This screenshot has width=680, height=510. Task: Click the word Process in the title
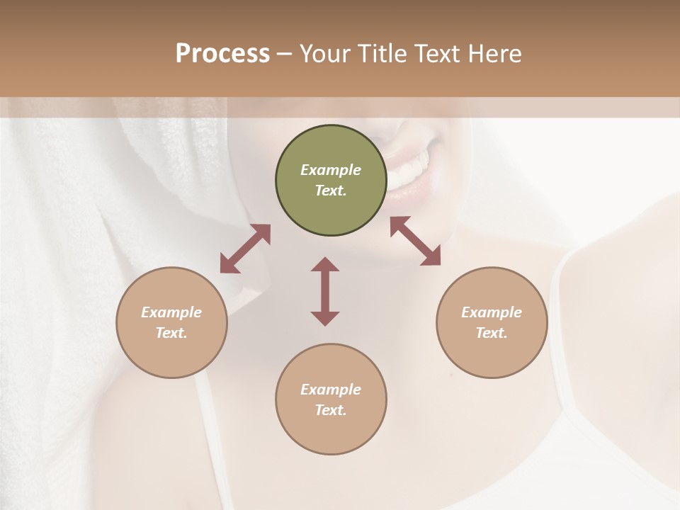point(222,54)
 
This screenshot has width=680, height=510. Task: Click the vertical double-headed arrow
point(325,291)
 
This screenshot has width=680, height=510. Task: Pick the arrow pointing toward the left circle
point(245,249)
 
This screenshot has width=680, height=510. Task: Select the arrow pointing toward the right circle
point(415,242)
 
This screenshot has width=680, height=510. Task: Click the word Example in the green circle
point(331,170)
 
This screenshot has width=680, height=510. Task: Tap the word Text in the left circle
point(171,333)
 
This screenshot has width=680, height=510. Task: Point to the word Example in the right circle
point(492,312)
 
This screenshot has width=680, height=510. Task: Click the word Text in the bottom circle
point(331,410)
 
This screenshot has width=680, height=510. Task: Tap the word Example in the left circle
point(171,312)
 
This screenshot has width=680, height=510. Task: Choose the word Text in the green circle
point(331,191)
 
